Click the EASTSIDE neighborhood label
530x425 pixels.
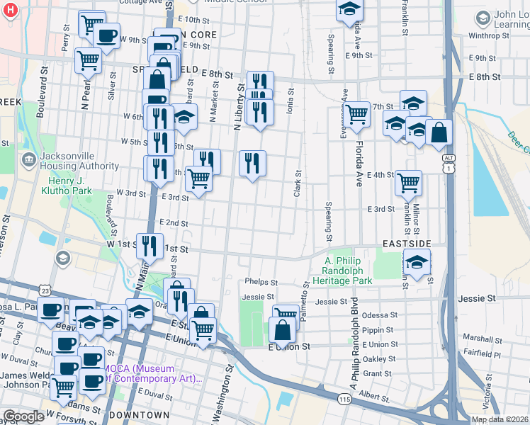click(x=407, y=243)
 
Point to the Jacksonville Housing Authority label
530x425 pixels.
click(x=79, y=161)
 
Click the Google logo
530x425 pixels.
click(x=23, y=416)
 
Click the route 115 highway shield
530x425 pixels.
click(x=345, y=399)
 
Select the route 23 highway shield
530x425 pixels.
click(x=46, y=290)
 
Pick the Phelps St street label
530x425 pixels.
click(x=260, y=282)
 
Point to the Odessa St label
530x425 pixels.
click(x=376, y=315)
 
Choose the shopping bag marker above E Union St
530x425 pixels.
click(x=282, y=329)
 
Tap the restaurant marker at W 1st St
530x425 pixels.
click(x=149, y=246)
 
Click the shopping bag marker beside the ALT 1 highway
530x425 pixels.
click(x=439, y=132)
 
